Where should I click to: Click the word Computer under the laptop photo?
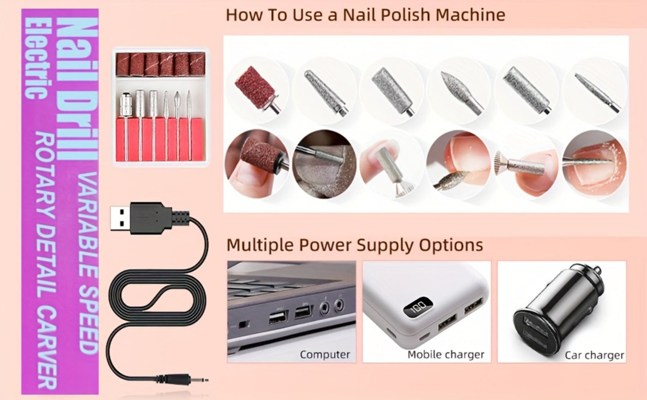click(x=325, y=354)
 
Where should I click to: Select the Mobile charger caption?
click(x=446, y=355)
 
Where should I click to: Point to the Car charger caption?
click(x=595, y=355)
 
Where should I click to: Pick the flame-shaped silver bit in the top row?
click(x=462, y=91)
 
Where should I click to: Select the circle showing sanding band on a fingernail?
click(x=256, y=164)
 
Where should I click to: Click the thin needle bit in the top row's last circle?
click(x=597, y=92)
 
